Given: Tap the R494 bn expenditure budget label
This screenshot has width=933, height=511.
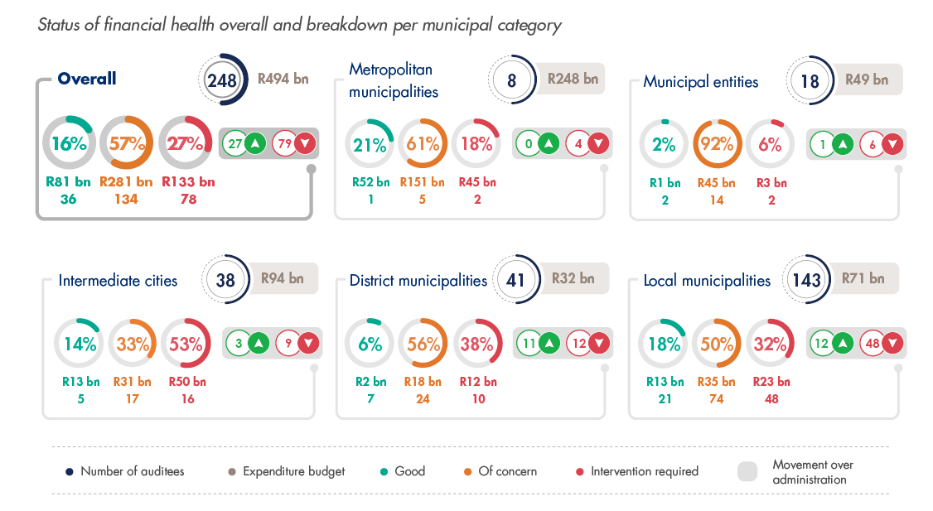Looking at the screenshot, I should tap(283, 80).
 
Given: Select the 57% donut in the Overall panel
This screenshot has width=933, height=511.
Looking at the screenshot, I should tap(126, 143).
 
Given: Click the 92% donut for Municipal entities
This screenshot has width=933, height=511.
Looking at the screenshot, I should tap(718, 144).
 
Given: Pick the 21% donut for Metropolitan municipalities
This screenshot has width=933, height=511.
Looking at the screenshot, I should tap(370, 145).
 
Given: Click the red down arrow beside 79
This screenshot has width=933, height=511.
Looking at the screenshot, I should tap(306, 143).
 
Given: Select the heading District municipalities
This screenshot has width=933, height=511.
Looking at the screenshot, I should tap(418, 281).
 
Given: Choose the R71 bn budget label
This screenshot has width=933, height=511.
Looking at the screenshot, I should tap(863, 278).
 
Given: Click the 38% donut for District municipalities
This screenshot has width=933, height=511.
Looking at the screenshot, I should tap(476, 344).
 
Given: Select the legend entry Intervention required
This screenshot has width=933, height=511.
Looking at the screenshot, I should tap(644, 471).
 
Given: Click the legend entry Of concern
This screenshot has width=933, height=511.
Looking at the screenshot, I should tap(507, 471).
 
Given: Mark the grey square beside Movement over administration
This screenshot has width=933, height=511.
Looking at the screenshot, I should tap(747, 471).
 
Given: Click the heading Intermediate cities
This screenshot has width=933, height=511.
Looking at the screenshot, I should tap(118, 281).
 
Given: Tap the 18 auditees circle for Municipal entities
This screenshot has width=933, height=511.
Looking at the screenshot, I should tap(810, 80).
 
